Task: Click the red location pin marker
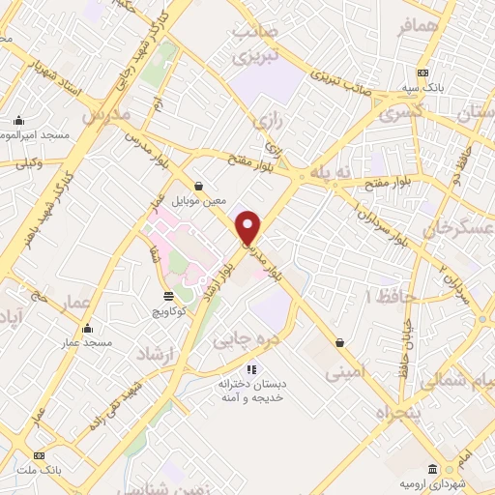[x=249, y=228]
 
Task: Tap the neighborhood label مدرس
[x=106, y=115]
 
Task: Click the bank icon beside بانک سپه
[x=422, y=73]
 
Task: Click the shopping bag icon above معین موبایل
[x=198, y=186]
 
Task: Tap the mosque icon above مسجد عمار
[x=89, y=328]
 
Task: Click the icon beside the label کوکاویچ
[x=168, y=296]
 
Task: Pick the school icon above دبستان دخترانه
[x=251, y=368]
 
